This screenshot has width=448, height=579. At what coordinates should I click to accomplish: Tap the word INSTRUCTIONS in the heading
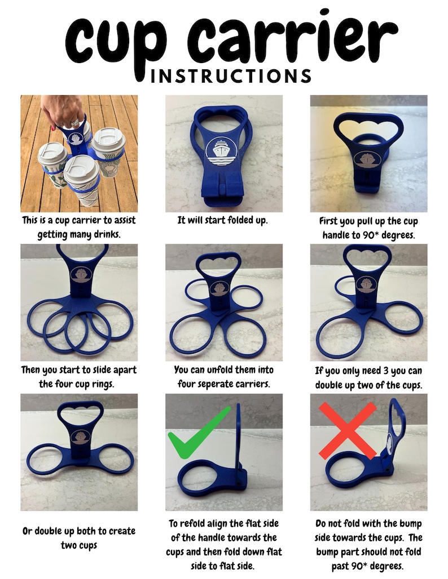click(231, 76)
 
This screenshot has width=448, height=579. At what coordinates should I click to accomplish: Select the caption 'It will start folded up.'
click(223, 221)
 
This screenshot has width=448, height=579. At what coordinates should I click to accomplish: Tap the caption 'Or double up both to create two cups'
click(78, 538)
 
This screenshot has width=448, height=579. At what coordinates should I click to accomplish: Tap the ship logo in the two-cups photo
click(78, 439)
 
